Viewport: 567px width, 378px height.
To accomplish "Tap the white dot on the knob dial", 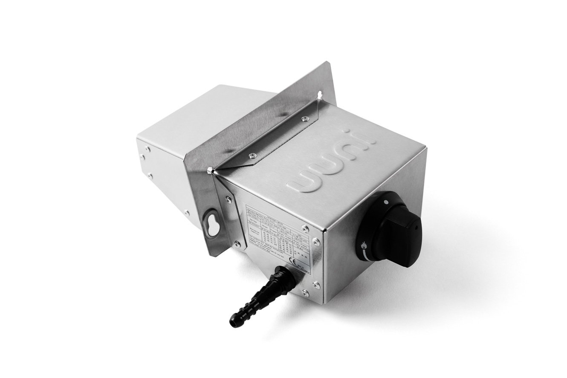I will click(385, 200).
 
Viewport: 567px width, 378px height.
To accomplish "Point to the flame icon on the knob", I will click(364, 245).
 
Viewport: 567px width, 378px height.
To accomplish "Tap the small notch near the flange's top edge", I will click(319, 92).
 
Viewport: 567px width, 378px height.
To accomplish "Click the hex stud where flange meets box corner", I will click(209, 171).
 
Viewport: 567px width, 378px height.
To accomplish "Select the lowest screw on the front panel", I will click(305, 292).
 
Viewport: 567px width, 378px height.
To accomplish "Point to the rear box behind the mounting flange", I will click(179, 141).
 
